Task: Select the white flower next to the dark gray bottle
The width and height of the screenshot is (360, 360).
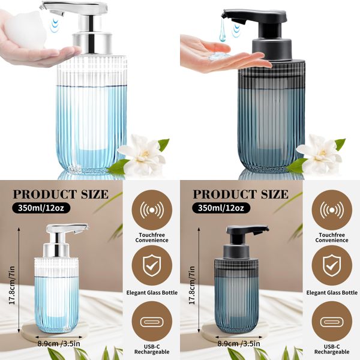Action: pyautogui.click(x=319, y=154)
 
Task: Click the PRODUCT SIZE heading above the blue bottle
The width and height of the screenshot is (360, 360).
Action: pyautogui.click(x=61, y=194)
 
